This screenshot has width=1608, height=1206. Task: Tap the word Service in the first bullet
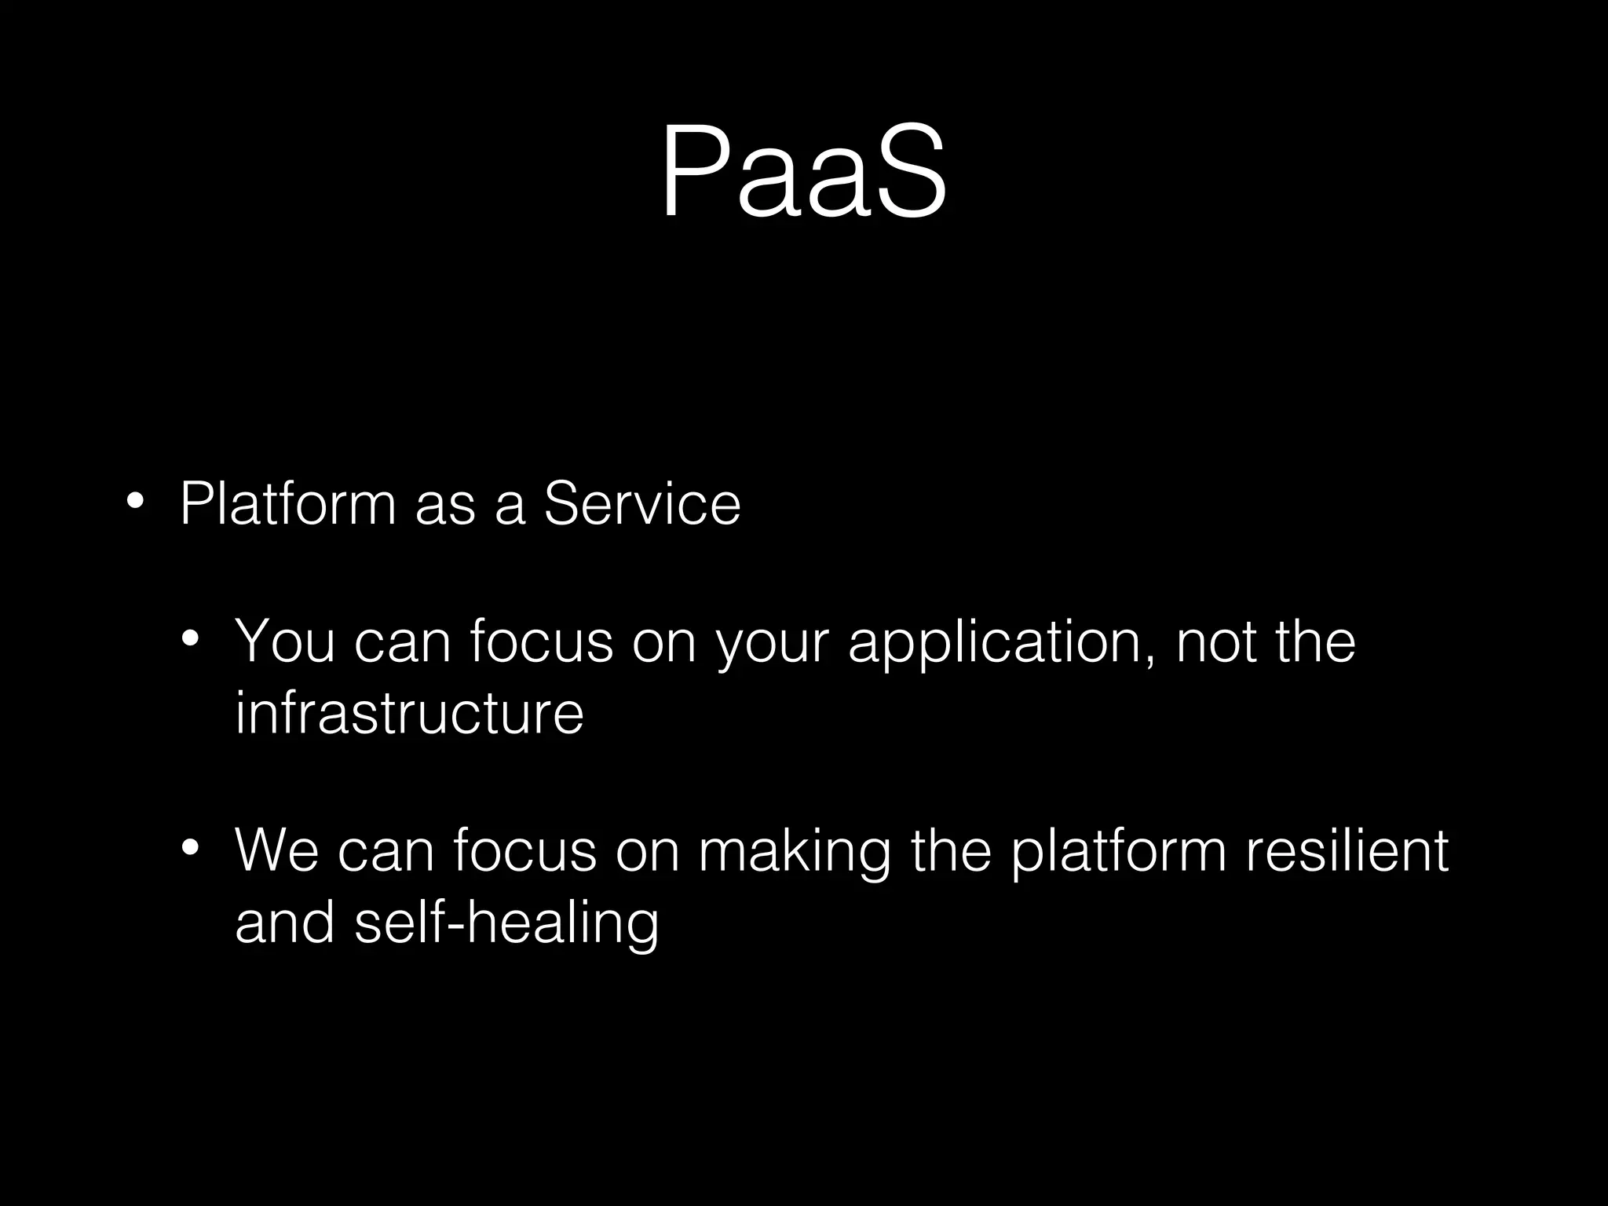641,503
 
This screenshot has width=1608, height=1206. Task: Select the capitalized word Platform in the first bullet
287,503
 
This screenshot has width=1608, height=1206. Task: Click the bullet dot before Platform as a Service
135,501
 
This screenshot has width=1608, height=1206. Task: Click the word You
284,642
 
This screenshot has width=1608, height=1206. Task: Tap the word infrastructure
409,713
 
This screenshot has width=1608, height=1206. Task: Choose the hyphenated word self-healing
506,923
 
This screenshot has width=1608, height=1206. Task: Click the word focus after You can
541,642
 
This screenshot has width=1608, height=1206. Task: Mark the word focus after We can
524,851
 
